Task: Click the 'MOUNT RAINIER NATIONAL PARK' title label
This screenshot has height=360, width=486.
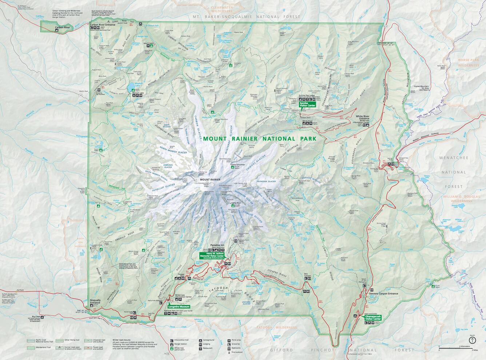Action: tap(260, 139)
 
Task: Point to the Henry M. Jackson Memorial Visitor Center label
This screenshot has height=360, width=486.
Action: tap(212, 256)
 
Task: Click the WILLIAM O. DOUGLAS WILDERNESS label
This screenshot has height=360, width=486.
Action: tap(461, 199)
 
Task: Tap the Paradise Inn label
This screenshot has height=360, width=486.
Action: tap(218, 245)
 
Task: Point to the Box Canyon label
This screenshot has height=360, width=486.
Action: tap(308, 274)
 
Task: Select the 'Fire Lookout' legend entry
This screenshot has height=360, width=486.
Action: tap(236, 352)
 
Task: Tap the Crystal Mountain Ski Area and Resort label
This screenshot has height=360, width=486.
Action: tap(422, 88)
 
